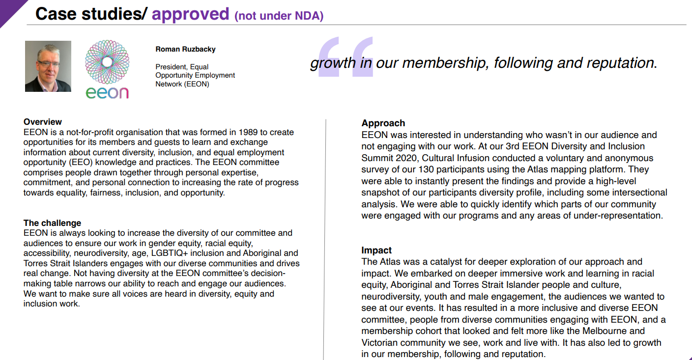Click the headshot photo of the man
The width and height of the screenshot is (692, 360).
click(48, 66)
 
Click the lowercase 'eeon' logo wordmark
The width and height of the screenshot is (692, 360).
click(107, 92)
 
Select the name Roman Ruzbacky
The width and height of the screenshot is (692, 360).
click(185, 49)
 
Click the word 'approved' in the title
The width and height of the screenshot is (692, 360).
click(190, 14)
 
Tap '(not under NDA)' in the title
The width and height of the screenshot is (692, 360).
click(279, 16)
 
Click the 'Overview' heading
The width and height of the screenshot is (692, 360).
click(43, 122)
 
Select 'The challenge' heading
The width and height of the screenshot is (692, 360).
click(52, 223)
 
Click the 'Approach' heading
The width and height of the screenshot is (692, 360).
click(383, 123)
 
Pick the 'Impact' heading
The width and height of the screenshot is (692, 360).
click(376, 250)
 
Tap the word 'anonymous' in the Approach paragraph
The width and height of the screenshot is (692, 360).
click(630, 158)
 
